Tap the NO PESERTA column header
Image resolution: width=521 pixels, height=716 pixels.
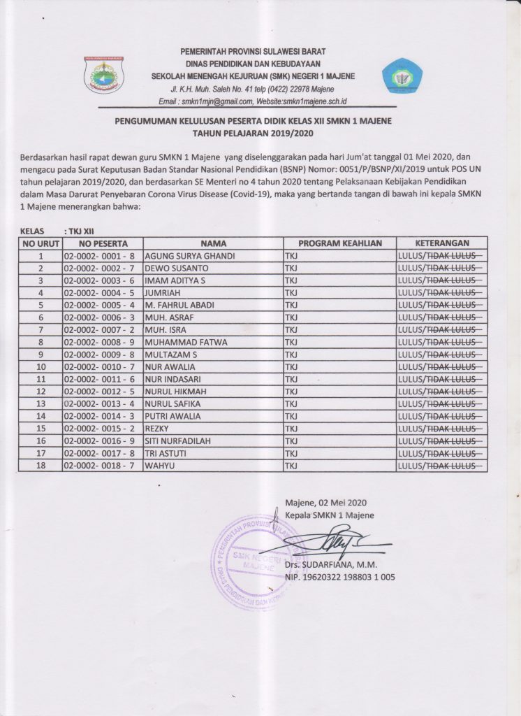(x=103, y=243)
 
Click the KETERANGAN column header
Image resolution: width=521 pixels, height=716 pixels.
(x=441, y=243)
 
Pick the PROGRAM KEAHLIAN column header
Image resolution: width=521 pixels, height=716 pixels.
(x=339, y=243)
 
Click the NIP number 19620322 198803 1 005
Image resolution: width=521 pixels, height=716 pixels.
(x=340, y=578)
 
